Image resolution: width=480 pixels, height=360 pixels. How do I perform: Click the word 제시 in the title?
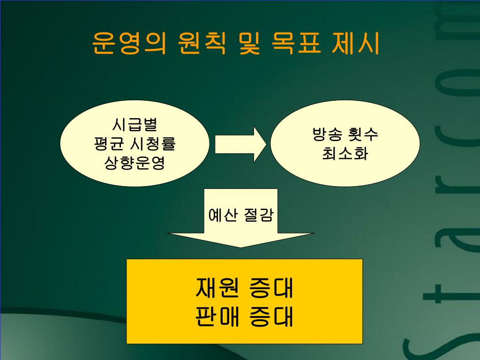coord(356,43)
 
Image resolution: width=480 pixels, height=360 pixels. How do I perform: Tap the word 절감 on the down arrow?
coord(258,216)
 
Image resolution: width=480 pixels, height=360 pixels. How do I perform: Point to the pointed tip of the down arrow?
coord(241,247)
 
